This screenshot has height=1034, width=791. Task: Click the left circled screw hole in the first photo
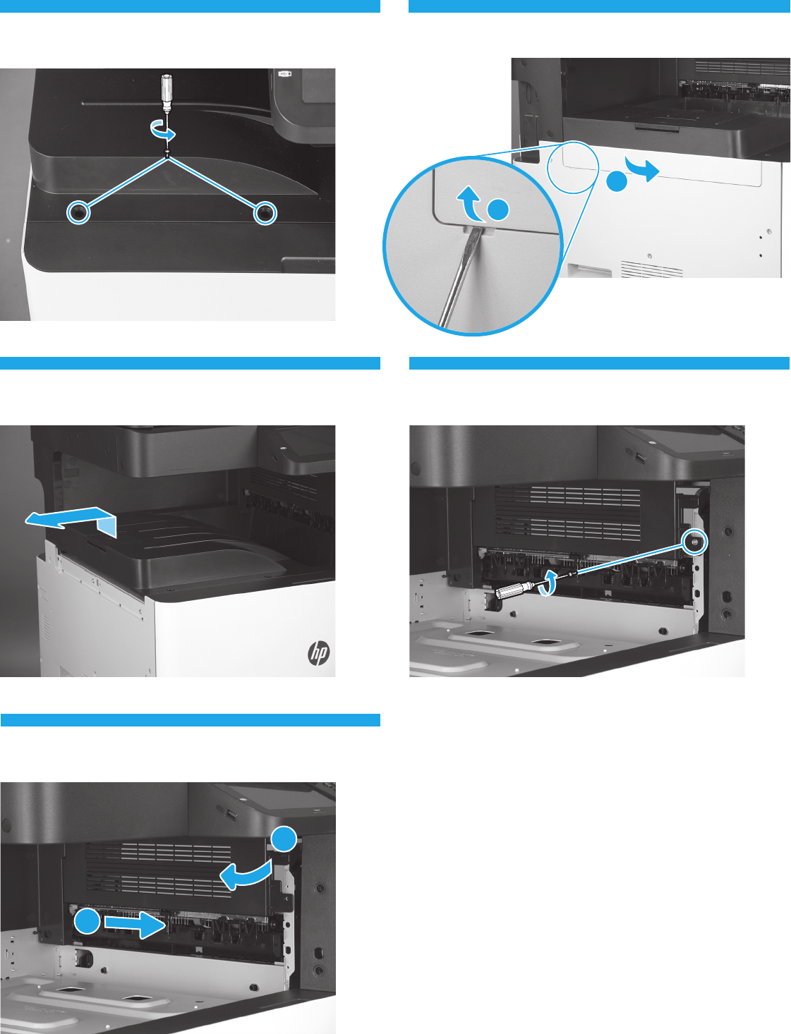[x=78, y=213]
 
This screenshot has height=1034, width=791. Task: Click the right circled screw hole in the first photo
[x=265, y=213]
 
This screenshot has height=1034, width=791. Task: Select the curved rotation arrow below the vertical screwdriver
[x=162, y=130]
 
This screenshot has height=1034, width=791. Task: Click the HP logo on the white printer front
[x=318, y=653]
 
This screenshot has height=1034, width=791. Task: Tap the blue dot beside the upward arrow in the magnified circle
[x=498, y=209]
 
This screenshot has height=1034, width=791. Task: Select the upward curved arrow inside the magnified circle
[x=470, y=204]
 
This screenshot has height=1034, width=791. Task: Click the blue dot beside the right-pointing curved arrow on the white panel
[x=617, y=181]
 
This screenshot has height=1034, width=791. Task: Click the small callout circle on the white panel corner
[x=572, y=166]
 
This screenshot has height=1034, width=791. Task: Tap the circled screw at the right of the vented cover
[x=695, y=542]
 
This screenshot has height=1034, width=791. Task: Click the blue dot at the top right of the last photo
[x=284, y=839]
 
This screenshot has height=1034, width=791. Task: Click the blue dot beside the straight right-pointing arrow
[x=87, y=921]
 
